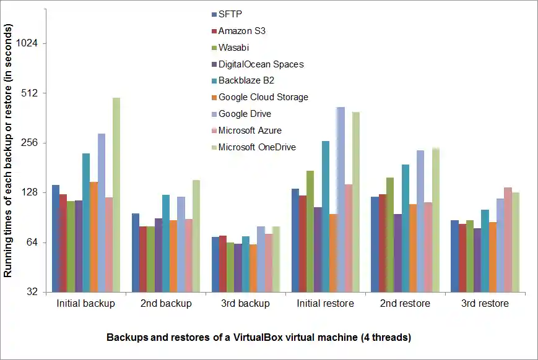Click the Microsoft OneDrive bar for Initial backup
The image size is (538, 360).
click(x=116, y=194)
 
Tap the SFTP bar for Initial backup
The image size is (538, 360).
click(x=56, y=238)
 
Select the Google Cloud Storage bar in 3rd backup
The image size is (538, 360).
click(x=253, y=268)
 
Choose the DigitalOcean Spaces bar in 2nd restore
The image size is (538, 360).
click(x=397, y=253)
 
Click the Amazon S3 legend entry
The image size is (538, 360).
click(x=242, y=31)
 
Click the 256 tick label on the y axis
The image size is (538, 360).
click(x=30, y=143)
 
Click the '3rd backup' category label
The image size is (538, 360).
click(x=246, y=304)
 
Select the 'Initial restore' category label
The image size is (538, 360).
click(x=326, y=304)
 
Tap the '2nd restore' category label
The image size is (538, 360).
click(x=406, y=304)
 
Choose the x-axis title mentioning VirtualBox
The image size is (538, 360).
click(x=259, y=338)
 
